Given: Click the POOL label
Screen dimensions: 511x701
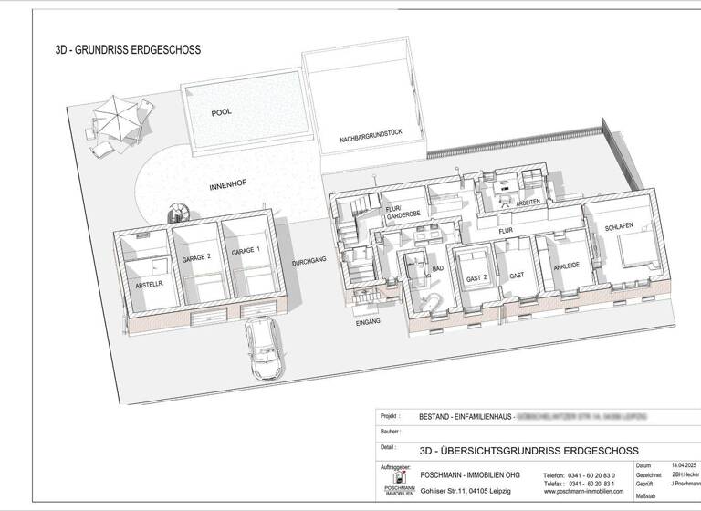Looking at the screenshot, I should pos(221,112).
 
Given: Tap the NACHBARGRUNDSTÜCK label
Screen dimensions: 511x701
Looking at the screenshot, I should pos(370,136).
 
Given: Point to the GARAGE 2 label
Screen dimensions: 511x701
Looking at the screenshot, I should pos(197,259).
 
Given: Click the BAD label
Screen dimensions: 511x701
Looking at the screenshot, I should pos(438,268).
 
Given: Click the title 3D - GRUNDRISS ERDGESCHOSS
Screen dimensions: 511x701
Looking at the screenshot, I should pos(128,51).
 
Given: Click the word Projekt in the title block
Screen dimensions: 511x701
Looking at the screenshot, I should pos(390,416).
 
